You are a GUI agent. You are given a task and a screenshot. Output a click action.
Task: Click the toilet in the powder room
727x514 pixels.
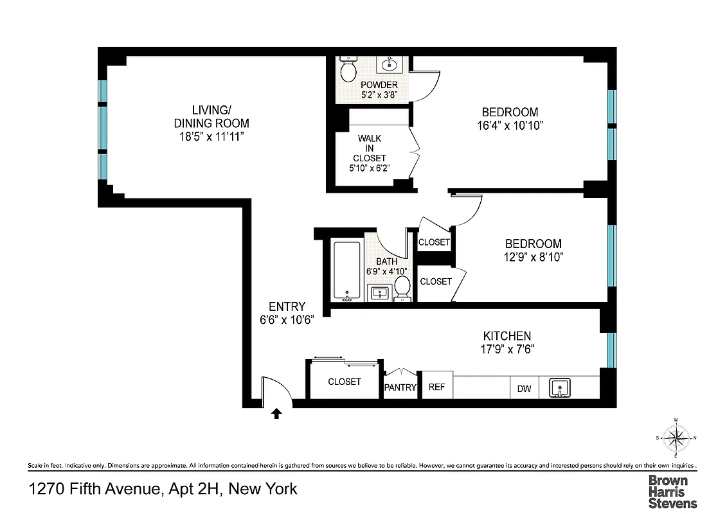pos(348,70)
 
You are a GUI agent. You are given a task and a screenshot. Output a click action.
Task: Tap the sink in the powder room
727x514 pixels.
pos(390,64)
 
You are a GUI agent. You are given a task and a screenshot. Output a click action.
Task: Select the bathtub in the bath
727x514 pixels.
pos(347,270)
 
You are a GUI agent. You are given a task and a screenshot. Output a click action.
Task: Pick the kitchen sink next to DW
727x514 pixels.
pos(559,388)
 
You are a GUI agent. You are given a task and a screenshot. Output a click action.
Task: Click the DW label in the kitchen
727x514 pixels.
pos(524,388)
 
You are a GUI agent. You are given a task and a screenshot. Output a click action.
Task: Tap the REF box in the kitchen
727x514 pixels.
pos(437,387)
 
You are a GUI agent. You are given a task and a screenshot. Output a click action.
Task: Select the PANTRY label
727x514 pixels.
pos(400,388)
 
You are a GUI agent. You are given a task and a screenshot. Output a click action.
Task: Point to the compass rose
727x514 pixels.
pos(676,439)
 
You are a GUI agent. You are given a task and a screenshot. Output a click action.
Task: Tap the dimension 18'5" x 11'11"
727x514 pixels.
pos(211,136)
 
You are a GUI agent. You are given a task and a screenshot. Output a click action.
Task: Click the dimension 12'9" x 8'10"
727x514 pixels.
pos(533,257)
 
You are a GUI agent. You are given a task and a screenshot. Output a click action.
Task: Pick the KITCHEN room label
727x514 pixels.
pos(507,336)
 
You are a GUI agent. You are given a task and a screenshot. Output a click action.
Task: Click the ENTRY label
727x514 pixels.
pos(287,307)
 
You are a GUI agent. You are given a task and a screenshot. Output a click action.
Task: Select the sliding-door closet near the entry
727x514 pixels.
pos(345,382)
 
